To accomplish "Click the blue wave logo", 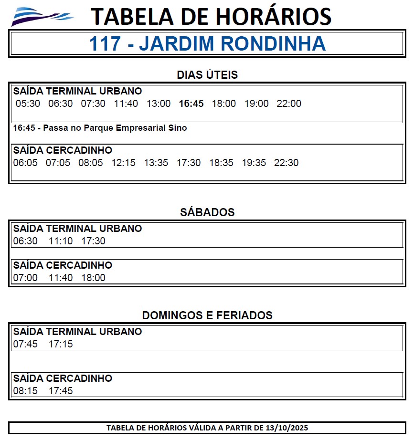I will (42, 17).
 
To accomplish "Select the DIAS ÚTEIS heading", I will (207, 75).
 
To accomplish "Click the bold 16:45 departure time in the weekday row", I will (191, 104).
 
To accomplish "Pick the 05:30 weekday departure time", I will (28, 104).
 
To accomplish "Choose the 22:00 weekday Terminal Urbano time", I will (289, 104).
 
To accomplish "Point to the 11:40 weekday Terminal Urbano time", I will (126, 104).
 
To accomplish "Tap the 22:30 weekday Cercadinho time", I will (286, 163).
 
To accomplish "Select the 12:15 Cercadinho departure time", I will (123, 163).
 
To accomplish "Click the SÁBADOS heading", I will (207, 212).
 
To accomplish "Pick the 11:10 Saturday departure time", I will (61, 241).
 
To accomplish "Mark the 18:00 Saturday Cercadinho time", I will (93, 278).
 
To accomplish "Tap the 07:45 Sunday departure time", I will (25, 344).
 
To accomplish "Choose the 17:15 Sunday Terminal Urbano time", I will (61, 344).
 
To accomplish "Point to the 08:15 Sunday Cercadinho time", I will (25, 391).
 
